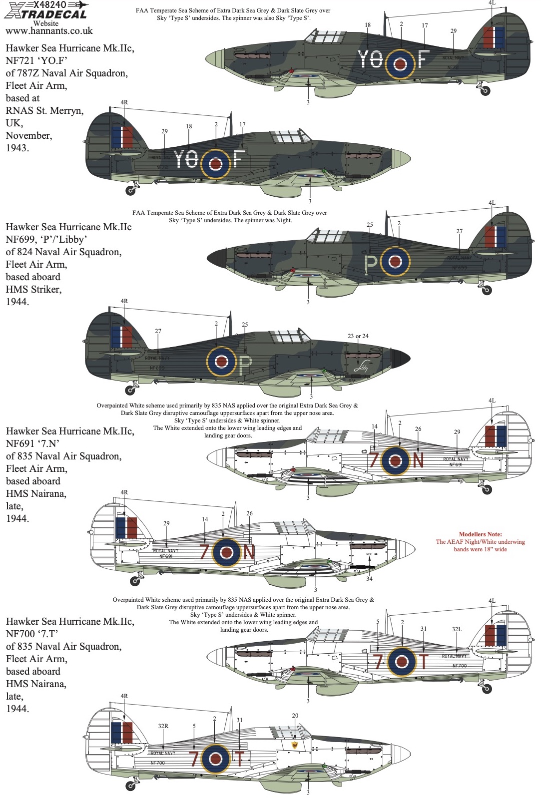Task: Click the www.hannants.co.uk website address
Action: (49, 31)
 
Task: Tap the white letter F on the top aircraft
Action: (423, 59)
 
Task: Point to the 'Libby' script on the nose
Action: (361, 367)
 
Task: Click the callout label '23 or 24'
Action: (358, 336)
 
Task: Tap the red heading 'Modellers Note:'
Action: (480, 534)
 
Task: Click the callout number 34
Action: (369, 579)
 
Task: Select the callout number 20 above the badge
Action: (295, 716)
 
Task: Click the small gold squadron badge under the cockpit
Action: (295, 745)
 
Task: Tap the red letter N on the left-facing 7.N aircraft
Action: (249, 552)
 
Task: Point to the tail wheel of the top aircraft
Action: (485, 91)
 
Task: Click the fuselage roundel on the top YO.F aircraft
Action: (400, 63)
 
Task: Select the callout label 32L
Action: (457, 629)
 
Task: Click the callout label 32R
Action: (163, 726)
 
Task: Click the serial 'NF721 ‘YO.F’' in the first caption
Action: (36, 61)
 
